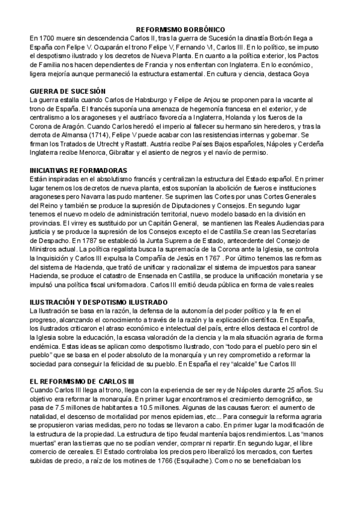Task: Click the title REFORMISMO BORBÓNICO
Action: [x=181, y=29]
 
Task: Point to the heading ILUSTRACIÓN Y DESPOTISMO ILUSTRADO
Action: [x=98, y=301]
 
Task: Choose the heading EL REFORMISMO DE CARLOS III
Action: [x=81, y=381]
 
